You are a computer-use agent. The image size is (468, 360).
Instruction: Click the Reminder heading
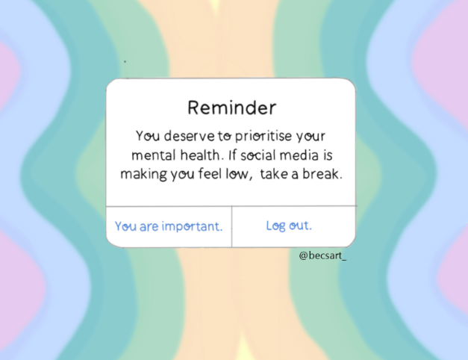pos(232,108)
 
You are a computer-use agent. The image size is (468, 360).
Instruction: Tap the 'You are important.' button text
pos(169,226)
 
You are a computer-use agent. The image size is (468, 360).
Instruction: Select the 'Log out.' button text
pos(289,226)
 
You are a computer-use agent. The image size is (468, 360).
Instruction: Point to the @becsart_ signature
pos(322,255)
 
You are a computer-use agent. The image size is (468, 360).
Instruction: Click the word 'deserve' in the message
pos(190,136)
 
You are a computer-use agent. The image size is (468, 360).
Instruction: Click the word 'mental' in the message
pos(154,155)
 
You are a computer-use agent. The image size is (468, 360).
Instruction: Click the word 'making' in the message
pos(143,175)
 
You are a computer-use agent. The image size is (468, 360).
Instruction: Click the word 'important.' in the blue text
pos(193,226)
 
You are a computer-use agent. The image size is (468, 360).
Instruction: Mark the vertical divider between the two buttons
pos(231,226)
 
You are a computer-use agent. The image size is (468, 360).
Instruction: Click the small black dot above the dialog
pos(125,61)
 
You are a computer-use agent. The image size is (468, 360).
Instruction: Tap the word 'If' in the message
pos(233,155)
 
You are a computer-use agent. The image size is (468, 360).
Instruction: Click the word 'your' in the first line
pos(311,137)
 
